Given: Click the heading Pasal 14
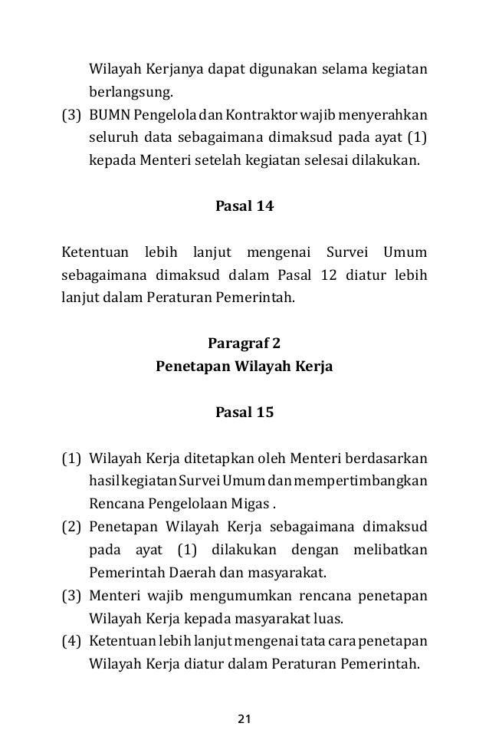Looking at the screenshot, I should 244,206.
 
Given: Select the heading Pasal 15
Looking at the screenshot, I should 244,413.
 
